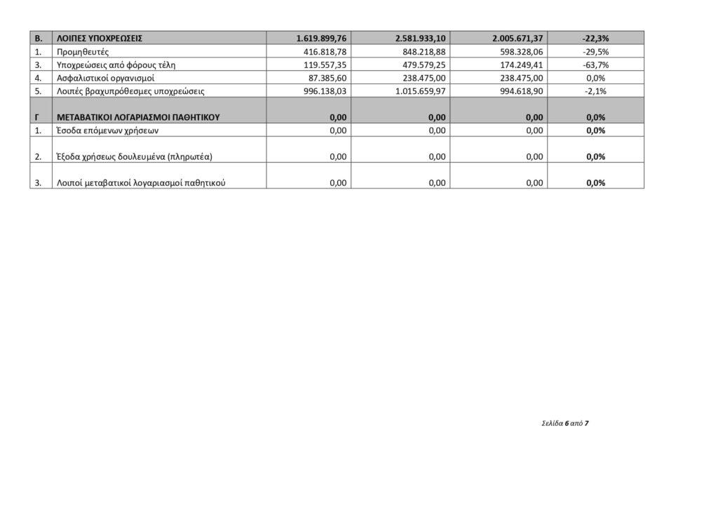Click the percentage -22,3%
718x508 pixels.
coord(595,39)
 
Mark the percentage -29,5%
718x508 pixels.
coord(595,52)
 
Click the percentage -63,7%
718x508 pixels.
coord(595,65)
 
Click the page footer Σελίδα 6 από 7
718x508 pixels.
coord(565,424)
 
